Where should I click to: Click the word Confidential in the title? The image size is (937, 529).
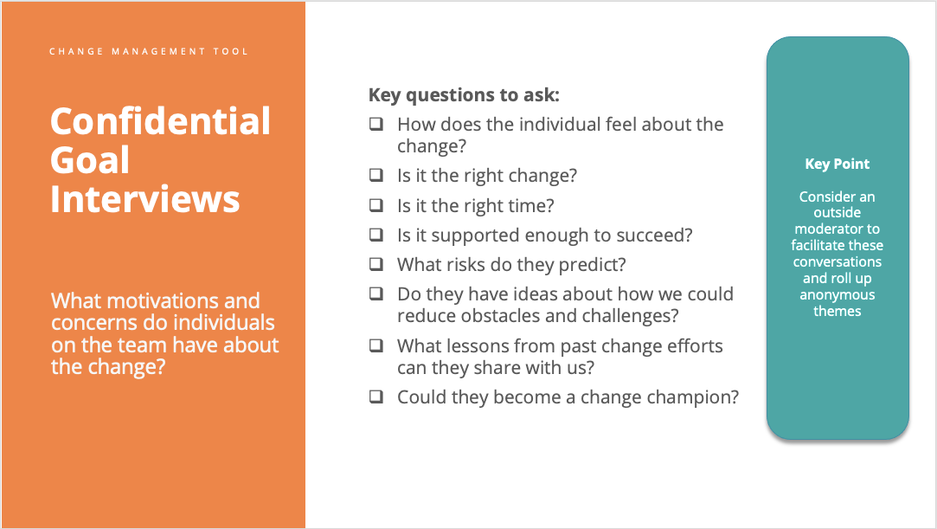click(160, 121)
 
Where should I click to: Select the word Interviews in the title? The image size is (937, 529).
click(144, 198)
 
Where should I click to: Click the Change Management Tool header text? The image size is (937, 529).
click(149, 52)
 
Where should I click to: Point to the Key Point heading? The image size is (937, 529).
click(837, 164)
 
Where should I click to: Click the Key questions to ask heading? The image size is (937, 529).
click(464, 95)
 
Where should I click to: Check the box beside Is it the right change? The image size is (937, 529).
click(376, 175)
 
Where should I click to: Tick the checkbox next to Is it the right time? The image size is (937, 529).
click(376, 205)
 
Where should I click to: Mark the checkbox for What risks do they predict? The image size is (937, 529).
click(376, 263)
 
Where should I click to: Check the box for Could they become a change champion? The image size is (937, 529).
click(376, 397)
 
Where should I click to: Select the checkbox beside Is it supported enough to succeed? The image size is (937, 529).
click(376, 235)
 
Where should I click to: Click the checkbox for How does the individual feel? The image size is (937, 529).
click(376, 124)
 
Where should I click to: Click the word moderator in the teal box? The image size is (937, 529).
click(837, 229)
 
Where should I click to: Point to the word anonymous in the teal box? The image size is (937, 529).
click(837, 295)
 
